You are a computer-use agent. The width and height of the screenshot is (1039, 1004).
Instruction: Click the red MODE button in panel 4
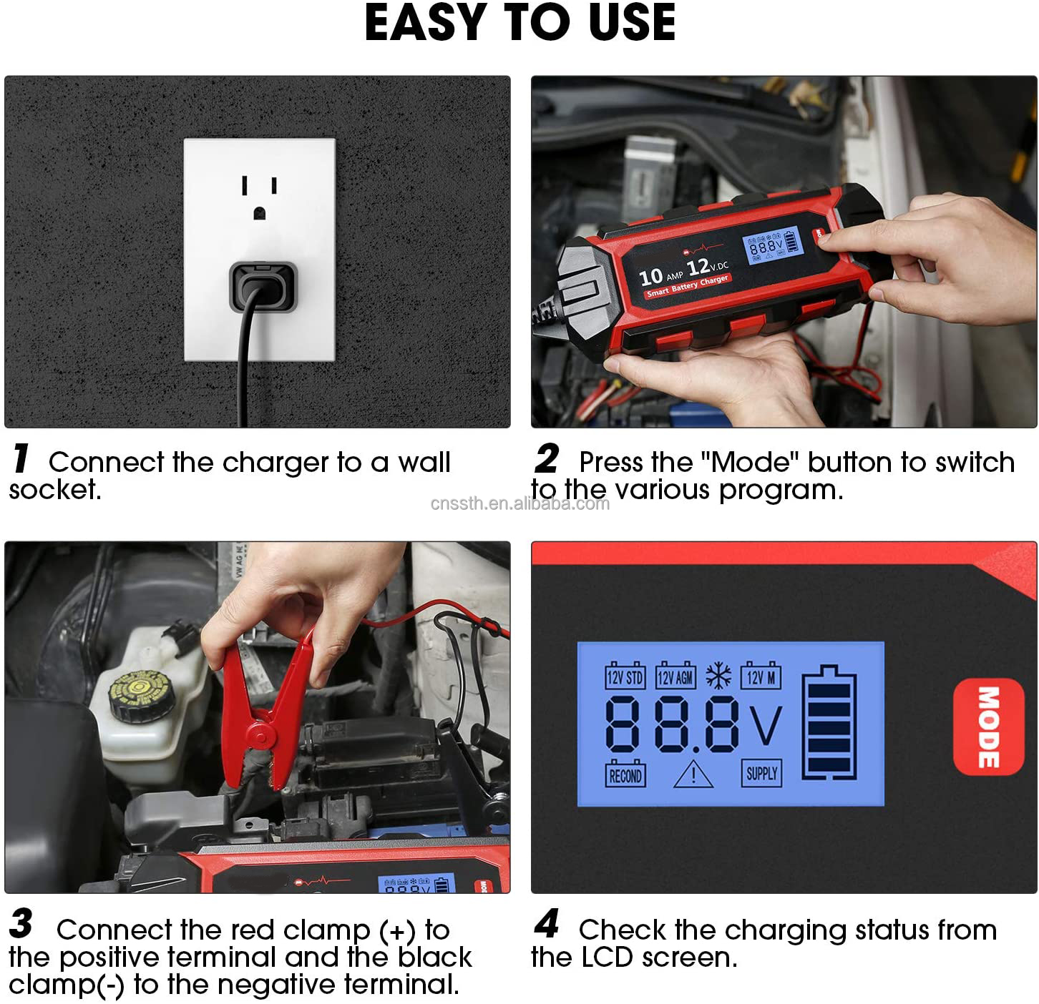987,727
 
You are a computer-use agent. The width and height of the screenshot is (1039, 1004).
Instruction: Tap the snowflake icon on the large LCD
718,676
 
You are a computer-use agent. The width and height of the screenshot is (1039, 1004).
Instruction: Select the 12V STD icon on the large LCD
625,676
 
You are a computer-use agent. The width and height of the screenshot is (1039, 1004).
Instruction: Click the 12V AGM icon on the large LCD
675,676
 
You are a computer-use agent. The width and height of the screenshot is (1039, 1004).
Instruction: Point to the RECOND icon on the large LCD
625,774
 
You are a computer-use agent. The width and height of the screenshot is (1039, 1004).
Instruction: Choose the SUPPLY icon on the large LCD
761,773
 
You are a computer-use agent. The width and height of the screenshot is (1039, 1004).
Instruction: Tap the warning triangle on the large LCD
693,774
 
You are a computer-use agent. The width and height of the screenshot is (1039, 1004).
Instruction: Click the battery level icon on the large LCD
829,722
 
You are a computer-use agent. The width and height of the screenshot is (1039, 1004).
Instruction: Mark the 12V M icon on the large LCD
761,676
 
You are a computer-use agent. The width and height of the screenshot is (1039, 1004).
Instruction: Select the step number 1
21,459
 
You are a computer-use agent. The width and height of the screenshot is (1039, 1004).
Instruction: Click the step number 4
547,924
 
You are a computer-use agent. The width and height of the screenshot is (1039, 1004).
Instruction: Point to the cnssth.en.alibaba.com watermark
520,503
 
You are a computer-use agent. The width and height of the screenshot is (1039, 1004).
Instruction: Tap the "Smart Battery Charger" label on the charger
687,285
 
